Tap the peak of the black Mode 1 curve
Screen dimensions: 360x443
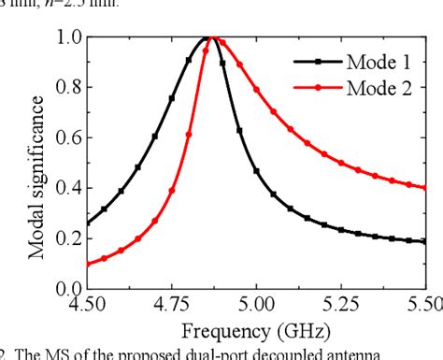206,38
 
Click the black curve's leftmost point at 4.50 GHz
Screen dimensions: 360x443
87,223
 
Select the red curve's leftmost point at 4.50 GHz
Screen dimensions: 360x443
87,264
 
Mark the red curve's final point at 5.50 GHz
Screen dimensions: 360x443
425,187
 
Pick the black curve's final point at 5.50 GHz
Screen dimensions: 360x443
425,241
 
